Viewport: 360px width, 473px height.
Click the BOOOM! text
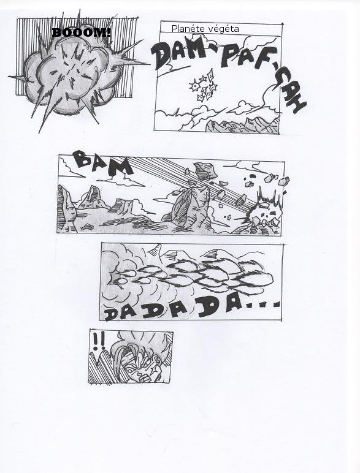(x=82, y=32)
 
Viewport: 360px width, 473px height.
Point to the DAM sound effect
(x=178, y=55)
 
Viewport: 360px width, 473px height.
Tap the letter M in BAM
(x=120, y=167)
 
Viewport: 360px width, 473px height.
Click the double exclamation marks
(x=99, y=341)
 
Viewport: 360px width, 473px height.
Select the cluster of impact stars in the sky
(x=204, y=85)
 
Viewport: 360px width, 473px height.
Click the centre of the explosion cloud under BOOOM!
(x=71, y=75)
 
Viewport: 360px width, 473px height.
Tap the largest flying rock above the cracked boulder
(x=205, y=172)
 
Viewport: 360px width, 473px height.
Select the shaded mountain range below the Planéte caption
(x=242, y=125)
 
